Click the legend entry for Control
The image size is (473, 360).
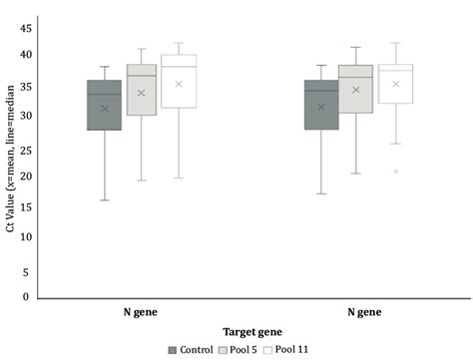[x=194, y=348]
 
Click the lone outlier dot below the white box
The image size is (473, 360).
[x=396, y=172]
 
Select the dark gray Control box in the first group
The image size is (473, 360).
[x=105, y=105]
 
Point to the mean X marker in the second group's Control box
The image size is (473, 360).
[x=320, y=107]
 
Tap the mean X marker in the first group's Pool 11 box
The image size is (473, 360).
[x=179, y=84]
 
